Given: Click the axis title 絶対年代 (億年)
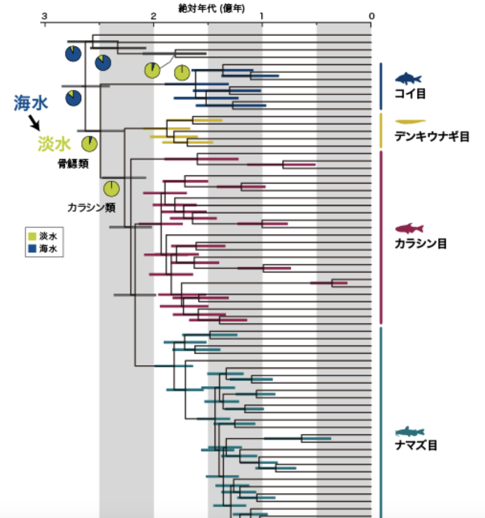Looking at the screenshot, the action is click(212, 9).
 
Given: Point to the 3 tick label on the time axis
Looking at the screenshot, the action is click(44, 16).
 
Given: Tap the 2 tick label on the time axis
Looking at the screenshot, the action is click(153, 16).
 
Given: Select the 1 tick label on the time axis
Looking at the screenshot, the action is click(262, 16).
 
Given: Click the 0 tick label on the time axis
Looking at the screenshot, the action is click(371, 16).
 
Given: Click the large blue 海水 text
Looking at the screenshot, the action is click(31, 103).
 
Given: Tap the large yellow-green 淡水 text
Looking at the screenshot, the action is click(54, 144).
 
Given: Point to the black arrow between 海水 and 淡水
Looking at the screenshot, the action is click(34, 123).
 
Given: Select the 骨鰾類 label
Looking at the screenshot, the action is click(73, 164).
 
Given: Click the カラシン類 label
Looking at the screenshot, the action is click(92, 208).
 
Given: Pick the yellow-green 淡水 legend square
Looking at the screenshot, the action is click(32, 236).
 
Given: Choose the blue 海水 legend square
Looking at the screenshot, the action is click(32, 249).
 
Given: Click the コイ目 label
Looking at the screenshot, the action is click(410, 94).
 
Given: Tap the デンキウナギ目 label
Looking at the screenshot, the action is click(432, 136).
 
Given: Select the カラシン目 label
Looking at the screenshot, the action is click(421, 243).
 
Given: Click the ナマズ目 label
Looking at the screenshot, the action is click(416, 445).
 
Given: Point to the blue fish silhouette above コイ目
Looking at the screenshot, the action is click(408, 79).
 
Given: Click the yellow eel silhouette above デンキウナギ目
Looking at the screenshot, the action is click(410, 122).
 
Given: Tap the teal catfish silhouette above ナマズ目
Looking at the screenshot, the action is click(410, 432).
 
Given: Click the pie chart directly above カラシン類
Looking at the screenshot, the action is click(112, 189).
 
